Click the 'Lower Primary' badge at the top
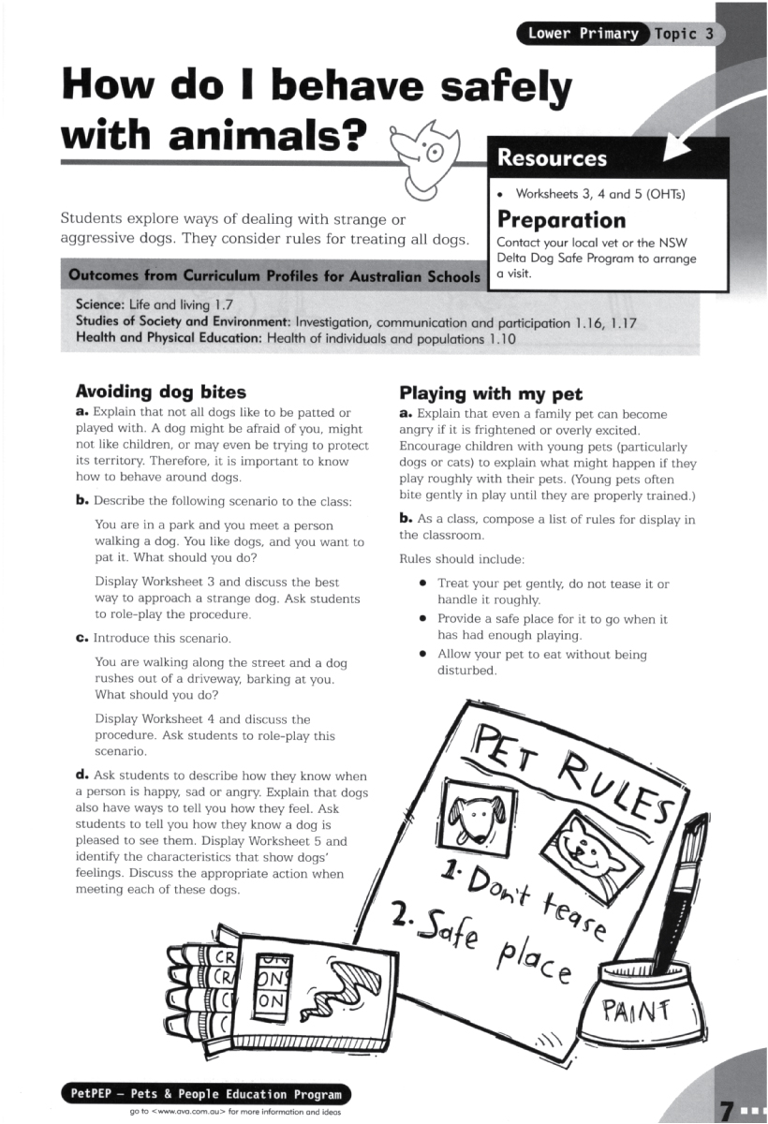(x=582, y=35)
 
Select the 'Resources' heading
(x=553, y=158)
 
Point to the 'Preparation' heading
(x=561, y=220)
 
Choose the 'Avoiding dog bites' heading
(x=160, y=392)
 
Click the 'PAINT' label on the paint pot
(x=638, y=1010)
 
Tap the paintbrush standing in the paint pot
(x=682, y=890)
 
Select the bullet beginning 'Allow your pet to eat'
(x=542, y=662)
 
